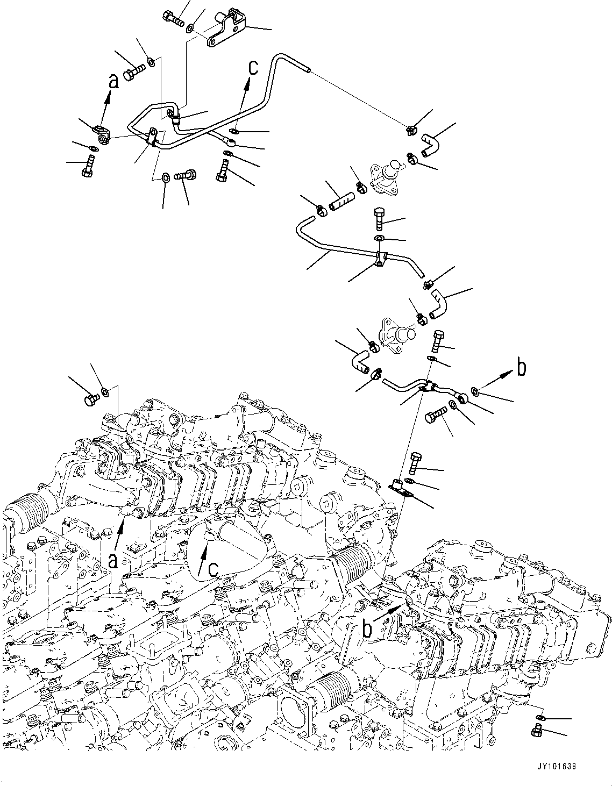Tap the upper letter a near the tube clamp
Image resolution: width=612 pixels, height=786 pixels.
point(113,82)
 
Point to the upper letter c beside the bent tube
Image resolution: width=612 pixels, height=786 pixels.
point(253,68)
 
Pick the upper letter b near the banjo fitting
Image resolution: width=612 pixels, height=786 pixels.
point(521,367)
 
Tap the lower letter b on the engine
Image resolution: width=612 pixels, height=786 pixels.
point(367,629)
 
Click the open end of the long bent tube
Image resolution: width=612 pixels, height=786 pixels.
point(307,69)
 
